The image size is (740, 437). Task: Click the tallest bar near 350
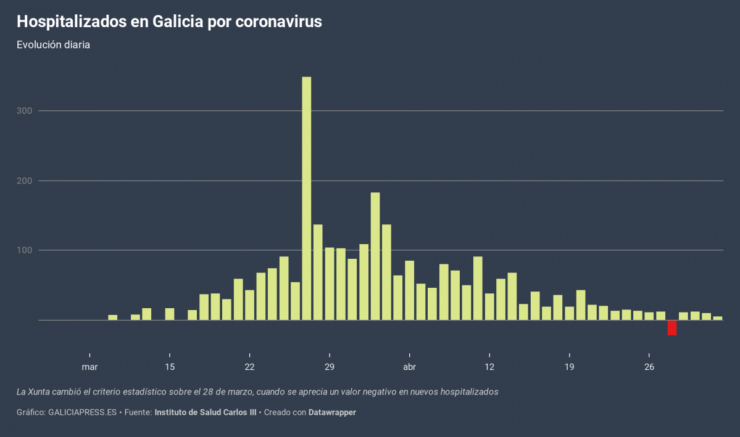(x=306, y=198)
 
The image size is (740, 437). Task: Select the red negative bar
(x=672, y=327)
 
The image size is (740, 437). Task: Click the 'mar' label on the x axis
(x=89, y=367)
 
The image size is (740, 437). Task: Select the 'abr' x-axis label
(x=409, y=367)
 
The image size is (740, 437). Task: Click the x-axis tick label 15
(x=170, y=367)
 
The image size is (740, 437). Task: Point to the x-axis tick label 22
(x=249, y=367)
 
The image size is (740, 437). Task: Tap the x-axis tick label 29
(x=330, y=367)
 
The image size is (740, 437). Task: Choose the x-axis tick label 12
(x=489, y=367)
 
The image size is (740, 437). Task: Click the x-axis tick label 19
(x=569, y=367)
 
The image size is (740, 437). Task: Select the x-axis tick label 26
(x=649, y=367)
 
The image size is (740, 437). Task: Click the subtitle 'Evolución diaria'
(x=54, y=45)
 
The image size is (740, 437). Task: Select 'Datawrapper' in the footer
(x=332, y=412)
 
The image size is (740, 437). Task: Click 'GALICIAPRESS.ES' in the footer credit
(x=82, y=412)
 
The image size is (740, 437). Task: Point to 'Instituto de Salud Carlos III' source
(x=205, y=412)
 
